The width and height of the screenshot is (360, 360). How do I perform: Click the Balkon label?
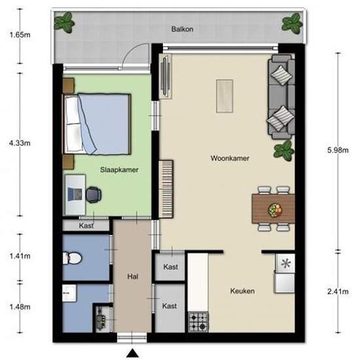click(183, 29)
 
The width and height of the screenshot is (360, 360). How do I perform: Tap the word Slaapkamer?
click(119, 170)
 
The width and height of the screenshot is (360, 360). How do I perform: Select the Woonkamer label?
click(230, 158)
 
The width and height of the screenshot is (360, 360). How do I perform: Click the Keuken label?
click(242, 291)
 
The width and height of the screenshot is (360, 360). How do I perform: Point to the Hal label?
click(133, 276)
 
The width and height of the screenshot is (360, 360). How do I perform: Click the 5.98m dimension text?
click(338, 150)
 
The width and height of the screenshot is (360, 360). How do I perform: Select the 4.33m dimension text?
click(20, 143)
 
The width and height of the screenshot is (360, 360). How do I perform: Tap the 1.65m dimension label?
click(20, 35)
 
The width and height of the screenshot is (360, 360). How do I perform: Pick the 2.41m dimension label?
click(338, 291)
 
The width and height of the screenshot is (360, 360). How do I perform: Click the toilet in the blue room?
click(72, 258)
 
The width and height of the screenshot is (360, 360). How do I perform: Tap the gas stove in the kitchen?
click(198, 321)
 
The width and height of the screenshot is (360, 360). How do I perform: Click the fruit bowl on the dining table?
click(275, 210)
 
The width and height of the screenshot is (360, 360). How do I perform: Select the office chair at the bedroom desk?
click(94, 194)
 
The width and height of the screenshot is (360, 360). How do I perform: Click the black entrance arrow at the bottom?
click(132, 353)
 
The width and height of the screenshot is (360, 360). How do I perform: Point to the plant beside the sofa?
click(284, 151)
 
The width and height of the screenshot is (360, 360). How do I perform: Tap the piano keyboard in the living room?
click(166, 189)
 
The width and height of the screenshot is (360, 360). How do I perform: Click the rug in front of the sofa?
click(225, 96)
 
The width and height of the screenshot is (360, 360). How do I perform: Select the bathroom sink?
click(69, 293)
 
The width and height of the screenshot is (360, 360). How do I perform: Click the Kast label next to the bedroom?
click(86, 226)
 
